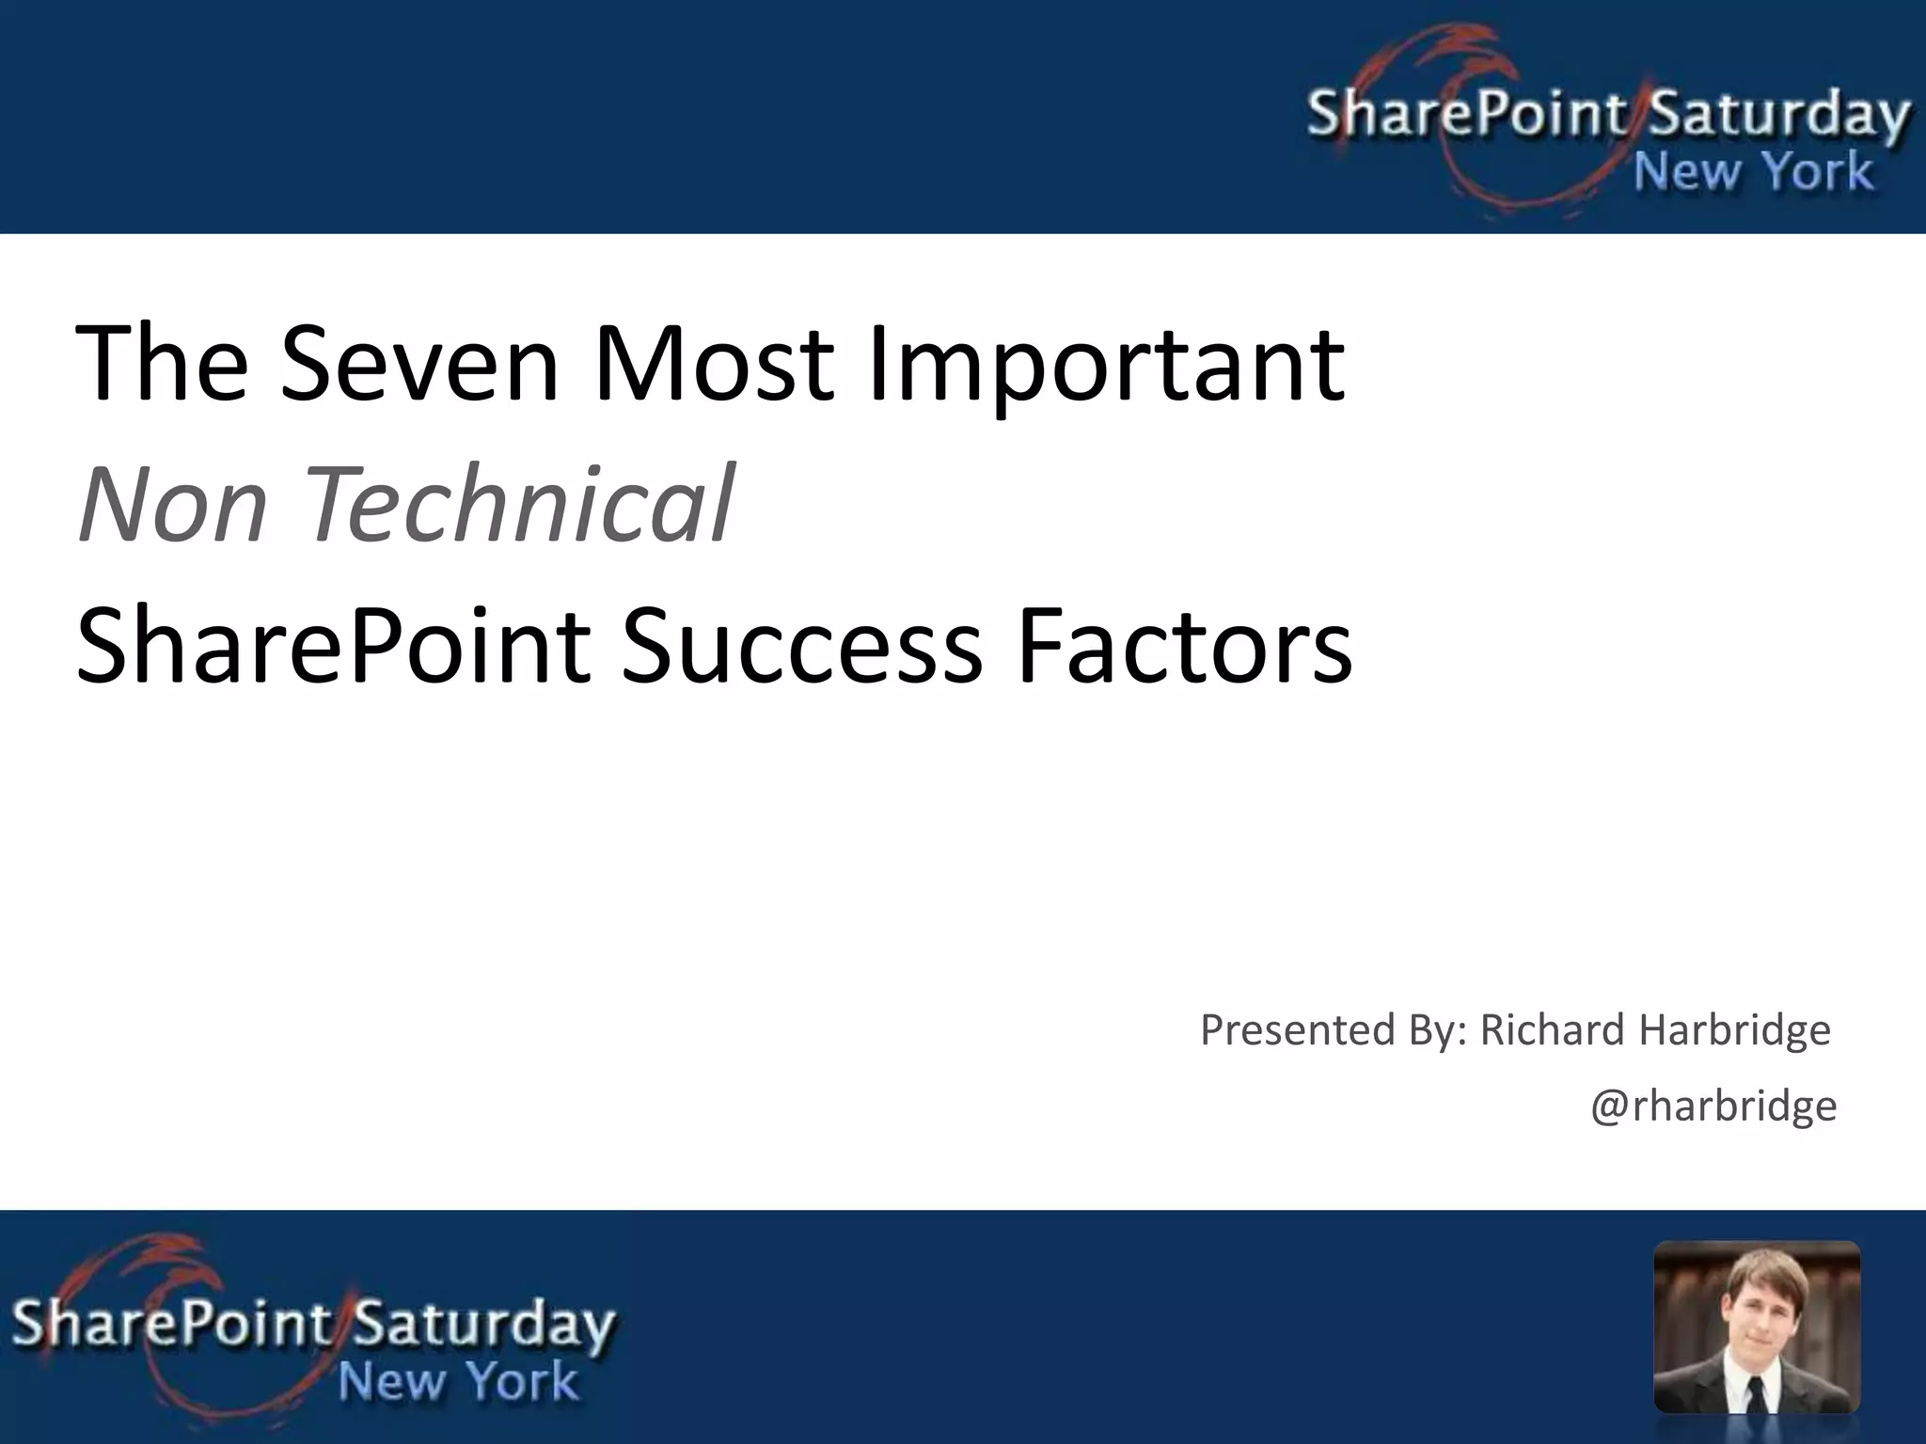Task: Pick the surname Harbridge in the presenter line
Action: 1735,1030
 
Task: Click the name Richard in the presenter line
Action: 1551,1030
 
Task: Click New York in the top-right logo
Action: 1753,173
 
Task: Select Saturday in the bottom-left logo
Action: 485,1324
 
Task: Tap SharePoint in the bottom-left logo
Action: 171,1324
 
